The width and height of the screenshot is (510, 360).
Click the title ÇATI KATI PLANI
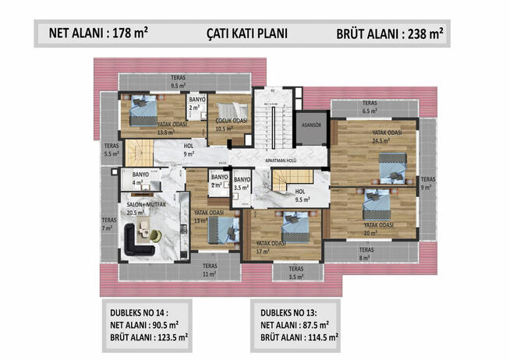coord(247,34)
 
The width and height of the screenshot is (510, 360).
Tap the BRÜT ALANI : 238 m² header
coord(391,34)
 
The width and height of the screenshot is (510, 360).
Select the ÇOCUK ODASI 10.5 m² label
coord(232,125)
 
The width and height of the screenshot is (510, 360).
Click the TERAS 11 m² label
coord(208,271)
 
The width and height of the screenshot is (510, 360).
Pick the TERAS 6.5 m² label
coord(370,108)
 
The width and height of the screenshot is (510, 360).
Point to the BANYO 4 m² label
coord(140,178)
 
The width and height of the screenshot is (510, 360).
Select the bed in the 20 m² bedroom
coord(377,200)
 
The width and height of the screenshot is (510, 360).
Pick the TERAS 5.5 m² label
coord(111,150)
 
